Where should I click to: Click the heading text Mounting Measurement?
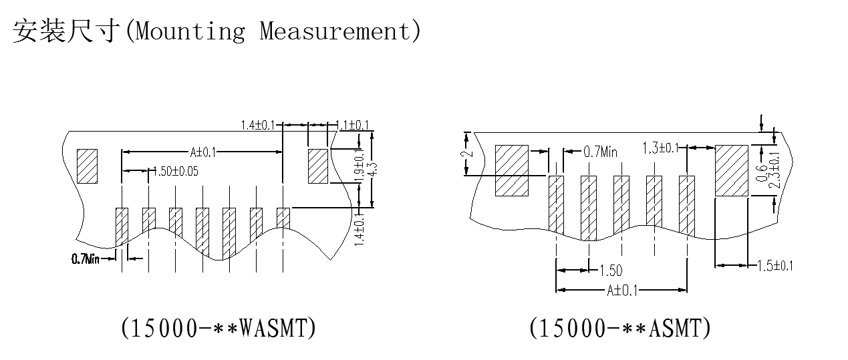pos(273,31)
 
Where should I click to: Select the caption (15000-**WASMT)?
pos(219,328)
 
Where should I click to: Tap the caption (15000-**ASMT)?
pos(619,328)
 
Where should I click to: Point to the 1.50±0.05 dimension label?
pos(176,172)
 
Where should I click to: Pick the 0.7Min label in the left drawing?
pos(86,258)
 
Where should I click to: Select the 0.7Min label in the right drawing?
pos(600,152)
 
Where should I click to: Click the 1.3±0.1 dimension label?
pos(660,148)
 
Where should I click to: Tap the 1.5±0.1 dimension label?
pos(775,266)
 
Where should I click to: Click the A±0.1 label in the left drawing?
pos(203,152)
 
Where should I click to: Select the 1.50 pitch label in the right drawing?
pos(610,271)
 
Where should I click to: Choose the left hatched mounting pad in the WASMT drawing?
pos(88,166)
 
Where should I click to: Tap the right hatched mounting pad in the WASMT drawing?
pos(317,166)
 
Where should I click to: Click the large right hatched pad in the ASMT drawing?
pos(731,170)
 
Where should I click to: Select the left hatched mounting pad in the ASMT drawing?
pos(511,170)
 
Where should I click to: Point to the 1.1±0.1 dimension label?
pos(352,125)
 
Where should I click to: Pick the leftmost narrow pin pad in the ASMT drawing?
pos(556,205)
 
